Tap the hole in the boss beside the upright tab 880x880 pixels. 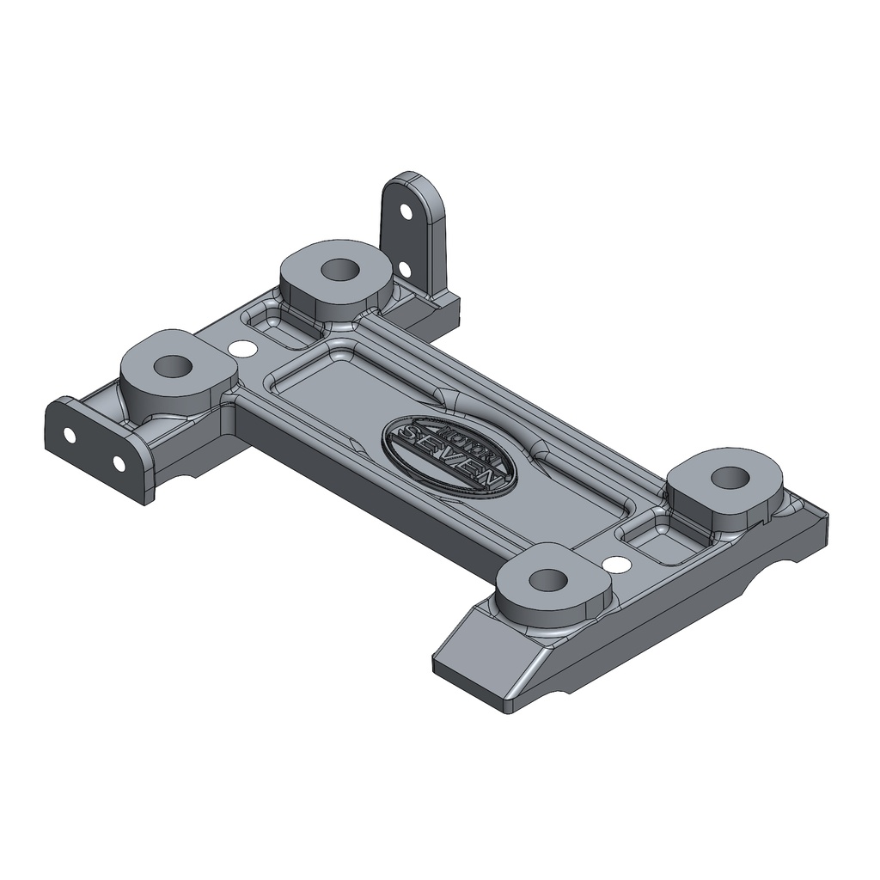tap(339, 269)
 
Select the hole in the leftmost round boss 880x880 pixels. tap(174, 367)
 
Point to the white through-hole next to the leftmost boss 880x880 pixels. tap(243, 349)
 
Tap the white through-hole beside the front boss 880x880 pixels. tap(615, 565)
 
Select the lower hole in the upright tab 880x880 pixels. tap(404, 270)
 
